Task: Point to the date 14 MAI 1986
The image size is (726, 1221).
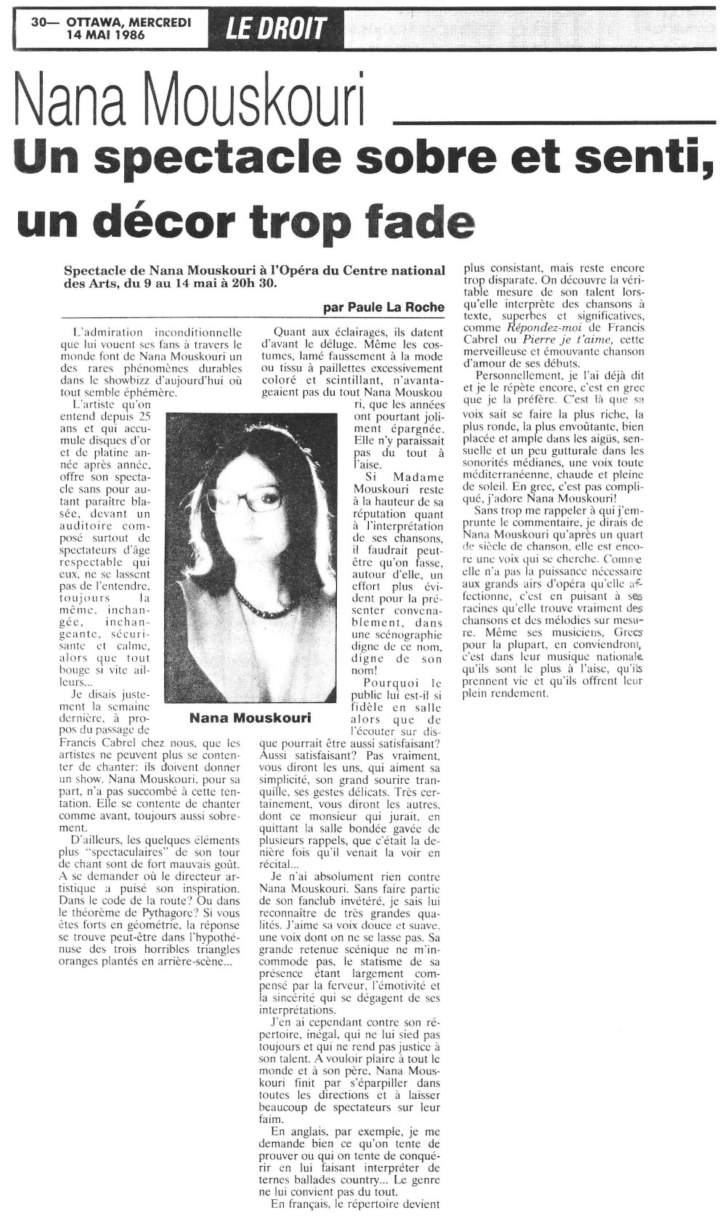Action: [x=105, y=35]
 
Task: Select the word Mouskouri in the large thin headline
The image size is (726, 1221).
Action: [x=250, y=102]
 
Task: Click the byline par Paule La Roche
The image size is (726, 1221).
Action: [x=383, y=307]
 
